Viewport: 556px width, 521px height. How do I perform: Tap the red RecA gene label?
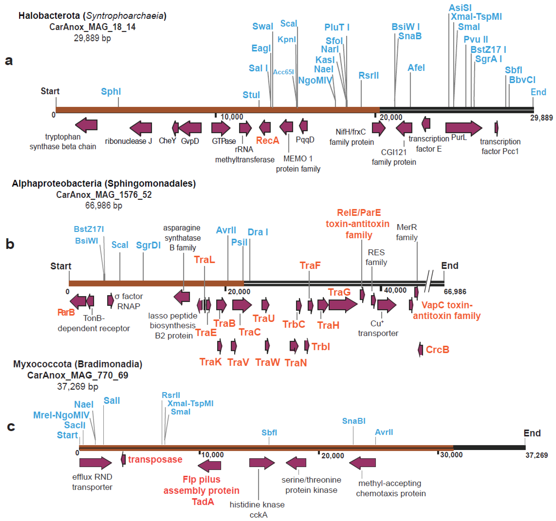coord(267,140)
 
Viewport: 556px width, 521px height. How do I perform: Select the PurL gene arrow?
coord(463,128)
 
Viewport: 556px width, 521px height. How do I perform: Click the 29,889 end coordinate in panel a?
coord(541,118)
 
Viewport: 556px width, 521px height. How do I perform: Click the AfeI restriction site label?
coord(416,68)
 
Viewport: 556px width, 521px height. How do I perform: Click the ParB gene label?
coord(66,312)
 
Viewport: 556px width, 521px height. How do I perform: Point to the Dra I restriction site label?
coord(258,232)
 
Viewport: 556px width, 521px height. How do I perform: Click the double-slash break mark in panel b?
coord(429,281)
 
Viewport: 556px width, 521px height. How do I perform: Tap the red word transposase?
coord(155,459)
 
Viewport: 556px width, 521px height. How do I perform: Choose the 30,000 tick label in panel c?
coord(451,455)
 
